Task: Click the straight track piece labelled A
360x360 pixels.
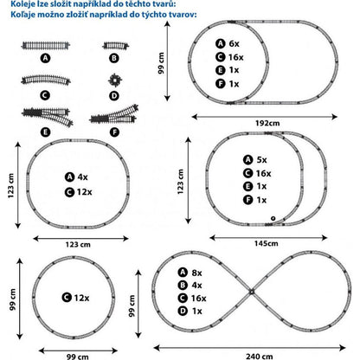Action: (x=46, y=45)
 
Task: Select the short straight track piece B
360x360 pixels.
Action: (x=116, y=45)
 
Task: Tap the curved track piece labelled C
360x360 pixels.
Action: (x=46, y=80)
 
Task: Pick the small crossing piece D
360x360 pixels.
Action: (x=115, y=80)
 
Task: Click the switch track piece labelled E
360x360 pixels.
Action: (x=47, y=116)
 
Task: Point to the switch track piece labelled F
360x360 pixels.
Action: (x=114, y=114)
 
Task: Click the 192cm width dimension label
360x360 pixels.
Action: (x=267, y=123)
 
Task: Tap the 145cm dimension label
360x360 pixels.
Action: (x=267, y=243)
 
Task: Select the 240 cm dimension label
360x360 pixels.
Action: (x=260, y=357)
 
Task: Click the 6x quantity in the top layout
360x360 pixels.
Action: (x=234, y=43)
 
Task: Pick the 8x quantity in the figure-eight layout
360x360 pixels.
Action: (x=196, y=273)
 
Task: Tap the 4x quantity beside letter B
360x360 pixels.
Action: (x=196, y=286)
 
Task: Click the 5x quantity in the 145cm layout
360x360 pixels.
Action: (x=261, y=159)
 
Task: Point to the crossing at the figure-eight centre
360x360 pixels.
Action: (x=252, y=292)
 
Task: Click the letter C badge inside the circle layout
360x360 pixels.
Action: (x=67, y=298)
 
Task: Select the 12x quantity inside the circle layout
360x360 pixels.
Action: (x=81, y=298)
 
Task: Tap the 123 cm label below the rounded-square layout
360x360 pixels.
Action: (x=78, y=245)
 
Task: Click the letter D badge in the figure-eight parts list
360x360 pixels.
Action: (x=183, y=311)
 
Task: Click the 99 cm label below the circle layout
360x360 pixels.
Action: (x=78, y=357)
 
